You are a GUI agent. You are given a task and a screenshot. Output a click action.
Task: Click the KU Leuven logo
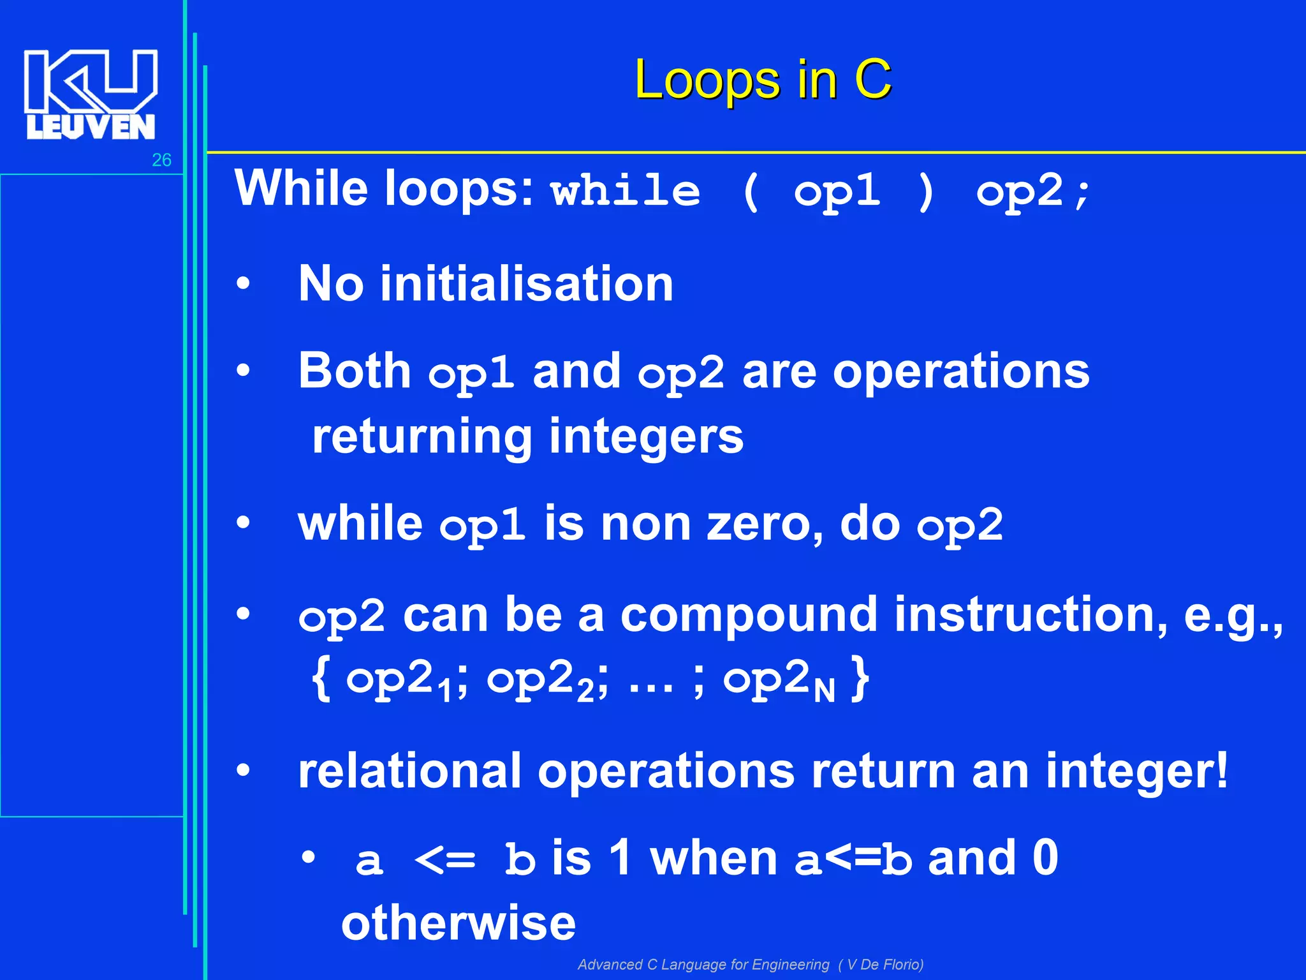point(91,94)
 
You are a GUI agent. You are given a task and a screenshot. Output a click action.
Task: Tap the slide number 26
point(161,160)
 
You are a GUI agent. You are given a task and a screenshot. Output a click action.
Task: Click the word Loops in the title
point(707,80)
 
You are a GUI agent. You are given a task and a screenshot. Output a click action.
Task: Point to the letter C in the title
point(872,80)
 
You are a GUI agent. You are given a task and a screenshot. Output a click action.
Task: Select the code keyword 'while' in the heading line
point(626,191)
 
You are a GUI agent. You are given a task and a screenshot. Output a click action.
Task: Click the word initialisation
point(526,284)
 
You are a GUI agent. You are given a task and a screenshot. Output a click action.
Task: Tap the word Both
point(355,371)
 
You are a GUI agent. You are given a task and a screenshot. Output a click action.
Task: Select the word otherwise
point(458,923)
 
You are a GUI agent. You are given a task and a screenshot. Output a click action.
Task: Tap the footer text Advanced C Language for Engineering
point(703,965)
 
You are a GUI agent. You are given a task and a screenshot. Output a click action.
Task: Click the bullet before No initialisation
point(243,284)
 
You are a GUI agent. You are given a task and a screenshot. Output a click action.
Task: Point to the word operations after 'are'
point(961,371)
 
